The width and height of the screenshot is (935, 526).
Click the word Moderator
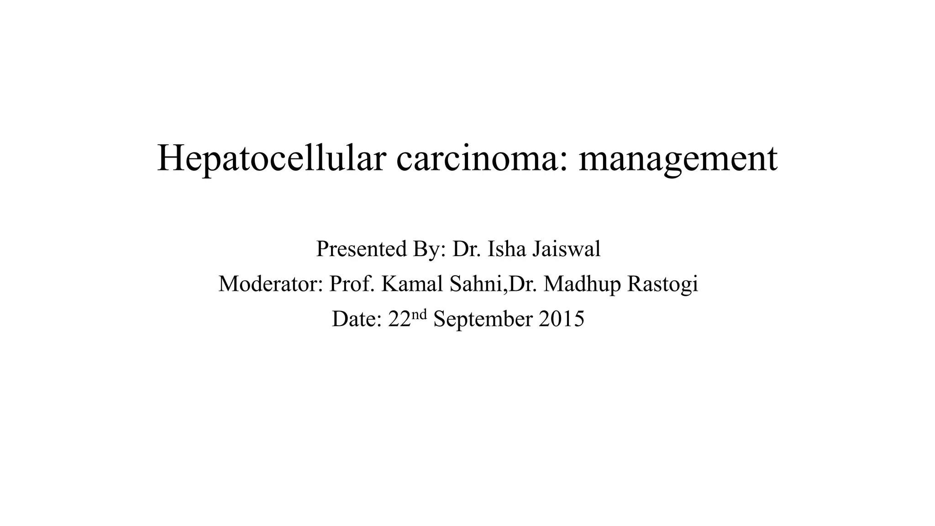click(269, 284)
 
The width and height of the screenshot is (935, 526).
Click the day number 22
click(399, 319)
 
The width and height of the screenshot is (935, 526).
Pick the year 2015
click(562, 319)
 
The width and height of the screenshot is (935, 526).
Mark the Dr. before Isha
click(466, 249)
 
